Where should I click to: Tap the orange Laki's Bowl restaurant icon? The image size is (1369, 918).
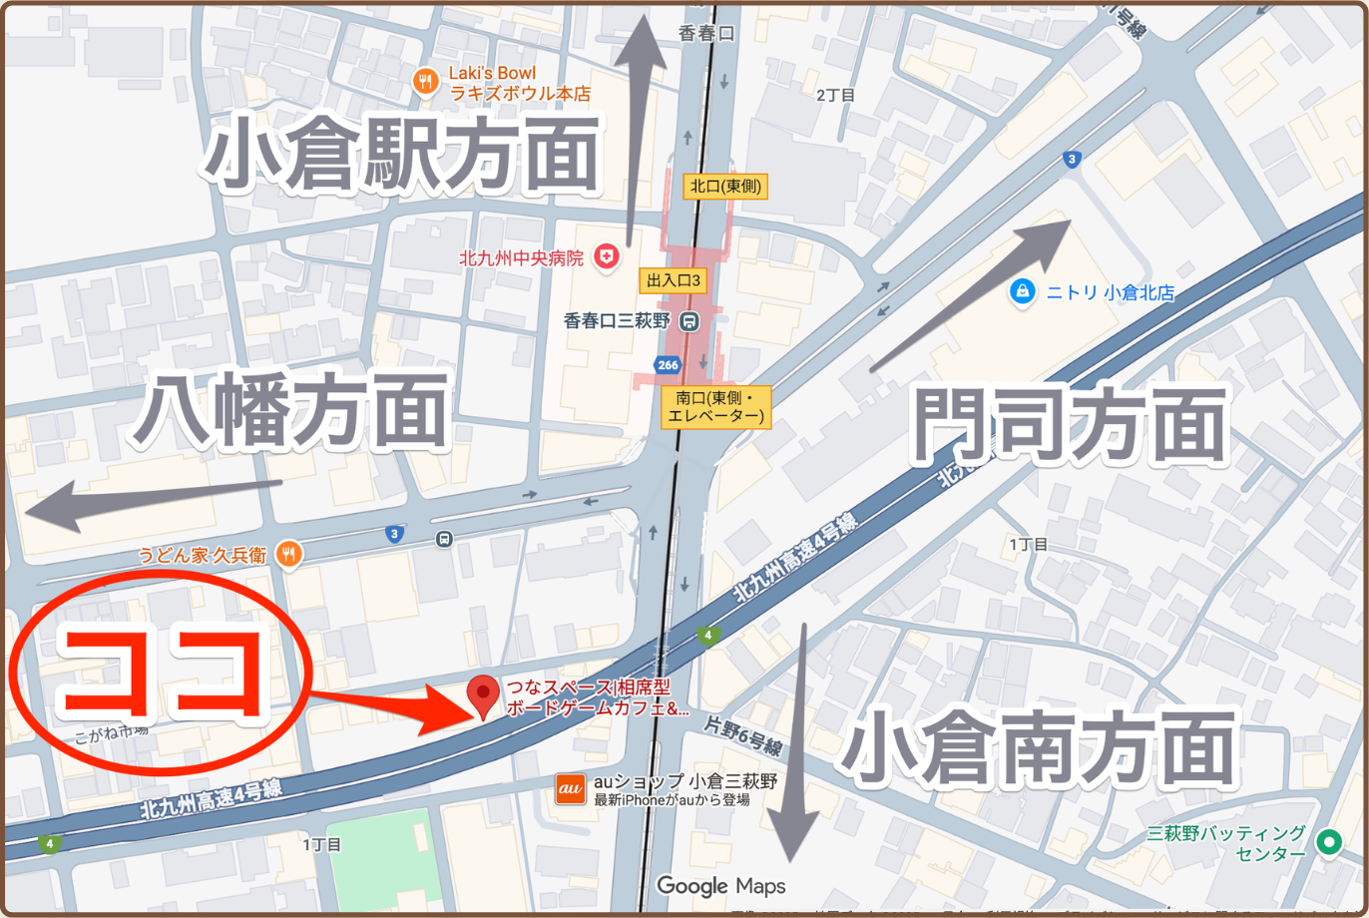pos(426,82)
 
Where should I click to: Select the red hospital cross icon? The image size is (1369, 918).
pos(605,257)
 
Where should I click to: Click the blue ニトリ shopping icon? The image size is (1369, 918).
pos(1021,291)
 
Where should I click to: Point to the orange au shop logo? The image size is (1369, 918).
pos(570,789)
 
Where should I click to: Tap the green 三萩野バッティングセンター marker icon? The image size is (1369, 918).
pos(1328,843)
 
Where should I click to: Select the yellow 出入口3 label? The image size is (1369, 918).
pos(673,282)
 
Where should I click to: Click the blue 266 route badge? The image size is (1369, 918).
pos(669,365)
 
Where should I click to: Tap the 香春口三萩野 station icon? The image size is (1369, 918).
pos(688,321)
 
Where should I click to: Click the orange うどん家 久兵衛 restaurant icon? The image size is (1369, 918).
pos(289,552)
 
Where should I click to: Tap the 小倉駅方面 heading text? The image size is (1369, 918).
pos(404,156)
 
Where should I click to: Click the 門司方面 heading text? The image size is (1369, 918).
pos(1069,428)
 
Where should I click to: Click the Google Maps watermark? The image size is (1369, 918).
pos(720,885)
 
